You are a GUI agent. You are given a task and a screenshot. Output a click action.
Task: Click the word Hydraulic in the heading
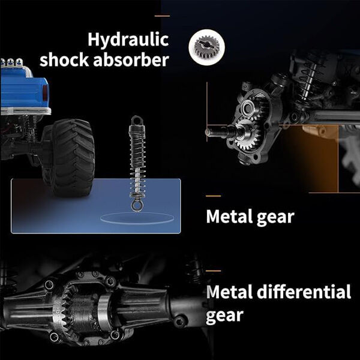[128, 40]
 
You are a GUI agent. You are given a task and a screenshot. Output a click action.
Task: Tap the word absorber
[131, 60]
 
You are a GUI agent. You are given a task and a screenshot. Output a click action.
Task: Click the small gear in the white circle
[206, 47]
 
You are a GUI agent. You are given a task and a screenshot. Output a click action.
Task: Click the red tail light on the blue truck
[45, 93]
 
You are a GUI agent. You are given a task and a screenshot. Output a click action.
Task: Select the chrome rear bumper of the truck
[25, 111]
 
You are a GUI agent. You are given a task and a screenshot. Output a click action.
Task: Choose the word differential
[304, 292]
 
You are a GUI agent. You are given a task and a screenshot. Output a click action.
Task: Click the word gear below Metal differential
[224, 316]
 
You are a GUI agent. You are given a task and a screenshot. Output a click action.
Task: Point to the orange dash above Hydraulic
[162, 16]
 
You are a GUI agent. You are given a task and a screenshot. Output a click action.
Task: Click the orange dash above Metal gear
[213, 196]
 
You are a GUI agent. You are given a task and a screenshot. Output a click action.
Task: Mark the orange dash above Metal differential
[213, 271]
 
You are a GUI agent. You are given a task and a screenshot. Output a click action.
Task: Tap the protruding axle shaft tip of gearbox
[208, 132]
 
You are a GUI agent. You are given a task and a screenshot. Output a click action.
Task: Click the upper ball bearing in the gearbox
[247, 107]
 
